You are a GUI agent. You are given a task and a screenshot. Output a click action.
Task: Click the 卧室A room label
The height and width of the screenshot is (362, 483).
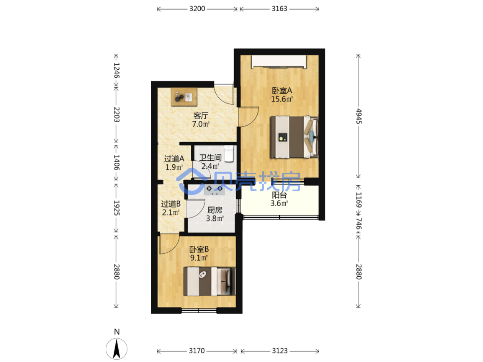[x=282, y=91]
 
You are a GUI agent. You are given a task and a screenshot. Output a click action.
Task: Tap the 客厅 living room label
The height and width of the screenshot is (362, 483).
[x=201, y=115]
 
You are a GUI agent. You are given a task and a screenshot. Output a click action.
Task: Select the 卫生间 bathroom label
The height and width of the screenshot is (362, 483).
[x=210, y=158]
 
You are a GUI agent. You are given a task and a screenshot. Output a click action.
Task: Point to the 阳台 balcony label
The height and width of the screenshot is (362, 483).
[x=279, y=195]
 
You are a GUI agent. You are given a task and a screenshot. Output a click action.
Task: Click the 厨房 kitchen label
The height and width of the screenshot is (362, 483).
[x=215, y=210]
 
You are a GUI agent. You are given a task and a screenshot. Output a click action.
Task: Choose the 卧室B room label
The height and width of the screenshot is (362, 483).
[x=199, y=249]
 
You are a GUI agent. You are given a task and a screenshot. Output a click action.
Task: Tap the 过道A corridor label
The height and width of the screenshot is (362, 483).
[x=174, y=159]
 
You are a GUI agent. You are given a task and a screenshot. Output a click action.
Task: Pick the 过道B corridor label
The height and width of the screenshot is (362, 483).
[x=171, y=204]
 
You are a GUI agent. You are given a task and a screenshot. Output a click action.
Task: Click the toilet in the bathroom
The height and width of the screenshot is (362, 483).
[x=229, y=154]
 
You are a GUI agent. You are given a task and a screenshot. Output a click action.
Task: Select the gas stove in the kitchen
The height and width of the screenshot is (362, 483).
[x=214, y=189]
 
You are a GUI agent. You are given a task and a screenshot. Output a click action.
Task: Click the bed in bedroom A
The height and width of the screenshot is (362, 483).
[x=295, y=137]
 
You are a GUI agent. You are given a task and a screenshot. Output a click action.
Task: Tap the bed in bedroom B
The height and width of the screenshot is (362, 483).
[x=209, y=281]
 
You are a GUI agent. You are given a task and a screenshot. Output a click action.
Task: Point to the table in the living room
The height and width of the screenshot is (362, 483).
[x=184, y=97]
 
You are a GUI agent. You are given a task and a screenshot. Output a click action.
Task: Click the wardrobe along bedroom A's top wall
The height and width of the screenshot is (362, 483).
[x=279, y=62]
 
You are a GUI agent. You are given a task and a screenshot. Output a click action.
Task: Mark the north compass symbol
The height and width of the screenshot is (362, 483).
[x=117, y=349]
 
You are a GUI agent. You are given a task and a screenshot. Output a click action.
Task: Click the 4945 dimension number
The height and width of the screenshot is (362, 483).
[x=359, y=116]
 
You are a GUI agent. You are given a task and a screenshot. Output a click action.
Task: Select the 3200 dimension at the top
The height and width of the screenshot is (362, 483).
[x=197, y=9]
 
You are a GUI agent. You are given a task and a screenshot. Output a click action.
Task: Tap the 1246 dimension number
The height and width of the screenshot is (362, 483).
[x=116, y=70]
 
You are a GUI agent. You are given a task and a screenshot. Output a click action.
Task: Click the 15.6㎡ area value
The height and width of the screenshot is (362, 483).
[x=282, y=99]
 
